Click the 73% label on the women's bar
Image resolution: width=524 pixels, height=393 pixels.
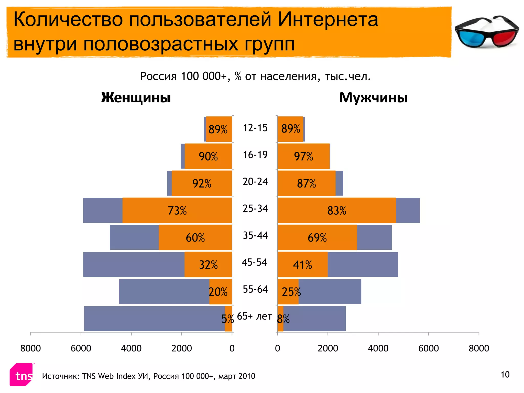point(177,211)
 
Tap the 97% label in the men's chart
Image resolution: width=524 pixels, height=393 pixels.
point(303,156)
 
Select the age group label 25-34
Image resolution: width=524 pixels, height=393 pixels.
point(255,209)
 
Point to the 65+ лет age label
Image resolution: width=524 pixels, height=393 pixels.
point(254,316)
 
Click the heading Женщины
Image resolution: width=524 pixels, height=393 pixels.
point(136,98)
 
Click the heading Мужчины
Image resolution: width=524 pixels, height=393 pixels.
point(373,98)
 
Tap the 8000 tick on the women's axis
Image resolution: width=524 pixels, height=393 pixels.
point(30,348)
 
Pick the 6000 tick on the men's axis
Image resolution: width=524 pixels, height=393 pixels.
point(428,348)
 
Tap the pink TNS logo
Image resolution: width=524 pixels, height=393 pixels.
point(21,375)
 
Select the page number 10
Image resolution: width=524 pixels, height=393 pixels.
point(505,375)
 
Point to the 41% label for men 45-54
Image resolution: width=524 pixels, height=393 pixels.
point(302,265)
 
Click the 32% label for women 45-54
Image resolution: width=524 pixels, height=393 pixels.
point(208,265)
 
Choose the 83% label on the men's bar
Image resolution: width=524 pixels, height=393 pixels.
point(337,211)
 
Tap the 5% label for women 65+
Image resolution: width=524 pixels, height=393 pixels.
point(227,319)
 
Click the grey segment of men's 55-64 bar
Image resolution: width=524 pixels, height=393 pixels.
point(330,292)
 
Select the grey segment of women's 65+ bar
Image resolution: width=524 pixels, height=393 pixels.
point(154,319)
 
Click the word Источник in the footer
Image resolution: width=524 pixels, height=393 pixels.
point(60,376)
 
